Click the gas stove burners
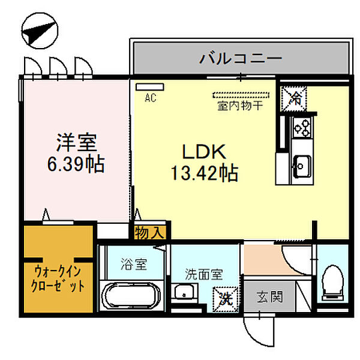coord(299,127)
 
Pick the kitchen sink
coord(299,163)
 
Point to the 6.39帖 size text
coord(76,163)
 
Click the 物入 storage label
coord(149,232)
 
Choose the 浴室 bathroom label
coord(133,263)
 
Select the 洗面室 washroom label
coord(204,275)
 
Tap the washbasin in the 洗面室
coord(184,293)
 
